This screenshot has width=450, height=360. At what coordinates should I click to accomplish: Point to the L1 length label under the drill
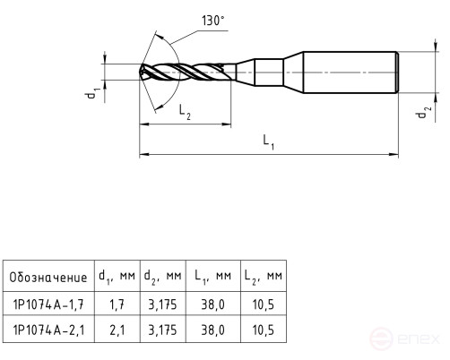(x=268, y=141)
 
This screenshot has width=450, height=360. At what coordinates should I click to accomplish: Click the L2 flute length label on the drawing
(x=184, y=112)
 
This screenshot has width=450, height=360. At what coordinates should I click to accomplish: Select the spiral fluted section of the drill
(x=184, y=71)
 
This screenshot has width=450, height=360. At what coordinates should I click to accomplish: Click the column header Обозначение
(x=48, y=278)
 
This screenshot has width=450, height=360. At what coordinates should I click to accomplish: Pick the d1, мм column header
(x=116, y=278)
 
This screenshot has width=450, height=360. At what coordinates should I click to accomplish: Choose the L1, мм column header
(x=213, y=278)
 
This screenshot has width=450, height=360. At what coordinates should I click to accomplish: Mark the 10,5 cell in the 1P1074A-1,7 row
(x=263, y=304)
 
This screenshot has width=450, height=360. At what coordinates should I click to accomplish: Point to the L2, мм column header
(x=263, y=278)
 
